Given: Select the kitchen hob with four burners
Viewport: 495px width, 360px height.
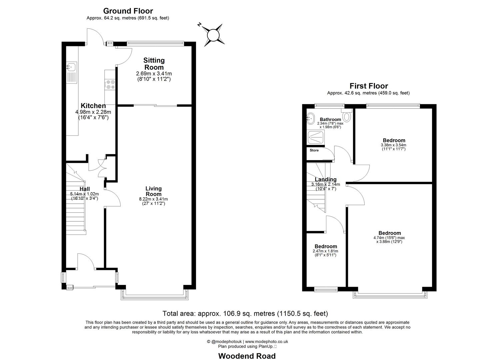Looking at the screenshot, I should [x=110, y=84].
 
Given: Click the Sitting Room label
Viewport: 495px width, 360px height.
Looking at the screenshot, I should [x=154, y=64].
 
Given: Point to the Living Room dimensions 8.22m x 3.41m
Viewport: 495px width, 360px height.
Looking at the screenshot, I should [x=153, y=199].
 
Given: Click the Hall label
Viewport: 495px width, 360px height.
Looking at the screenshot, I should [x=85, y=189].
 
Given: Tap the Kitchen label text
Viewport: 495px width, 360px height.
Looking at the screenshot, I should [x=93, y=106].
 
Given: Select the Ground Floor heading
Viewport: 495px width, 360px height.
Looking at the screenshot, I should [x=128, y=11].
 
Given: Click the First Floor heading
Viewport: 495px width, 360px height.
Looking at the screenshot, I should [x=368, y=86].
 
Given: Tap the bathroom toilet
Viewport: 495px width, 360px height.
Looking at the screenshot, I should [x=347, y=116].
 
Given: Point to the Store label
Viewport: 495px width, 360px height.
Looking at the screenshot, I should [x=314, y=150].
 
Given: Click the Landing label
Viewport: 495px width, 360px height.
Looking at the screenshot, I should [x=325, y=179].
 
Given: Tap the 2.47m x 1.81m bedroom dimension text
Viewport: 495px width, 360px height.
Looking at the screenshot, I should [x=325, y=251].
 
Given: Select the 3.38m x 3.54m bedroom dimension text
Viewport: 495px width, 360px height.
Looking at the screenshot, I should [x=393, y=145].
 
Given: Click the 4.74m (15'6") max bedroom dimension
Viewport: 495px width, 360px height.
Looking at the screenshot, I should [x=389, y=238].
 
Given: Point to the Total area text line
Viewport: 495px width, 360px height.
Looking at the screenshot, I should [x=245, y=313].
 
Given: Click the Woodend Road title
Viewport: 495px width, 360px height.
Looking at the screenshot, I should [x=247, y=356].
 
